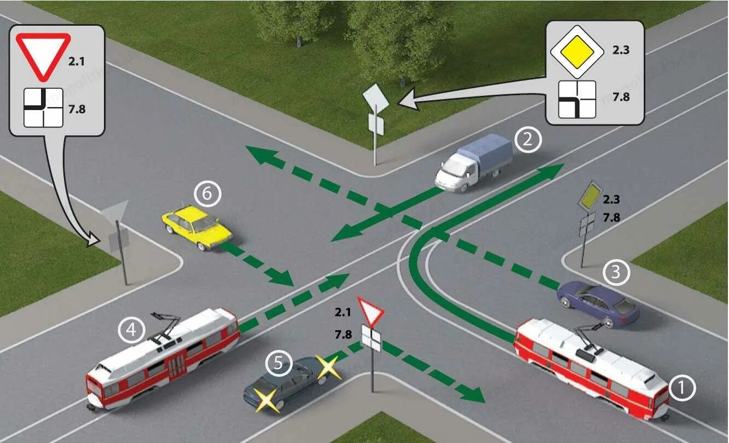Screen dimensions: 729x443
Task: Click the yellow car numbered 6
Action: click(197, 227)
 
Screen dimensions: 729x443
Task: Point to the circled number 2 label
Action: click(527, 140)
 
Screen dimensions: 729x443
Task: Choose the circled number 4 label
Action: click(132, 330)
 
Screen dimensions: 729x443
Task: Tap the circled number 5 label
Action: click(279, 364)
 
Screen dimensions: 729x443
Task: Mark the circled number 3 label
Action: click(616, 272)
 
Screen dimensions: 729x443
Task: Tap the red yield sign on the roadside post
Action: click(371, 312)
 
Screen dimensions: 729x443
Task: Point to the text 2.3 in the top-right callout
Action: click(621, 50)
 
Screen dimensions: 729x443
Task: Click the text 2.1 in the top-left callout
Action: click(77, 61)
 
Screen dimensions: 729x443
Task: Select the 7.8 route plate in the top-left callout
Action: click(43, 108)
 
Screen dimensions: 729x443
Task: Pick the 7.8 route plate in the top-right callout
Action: click(576, 99)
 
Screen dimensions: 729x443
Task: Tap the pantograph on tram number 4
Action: click(167, 326)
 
